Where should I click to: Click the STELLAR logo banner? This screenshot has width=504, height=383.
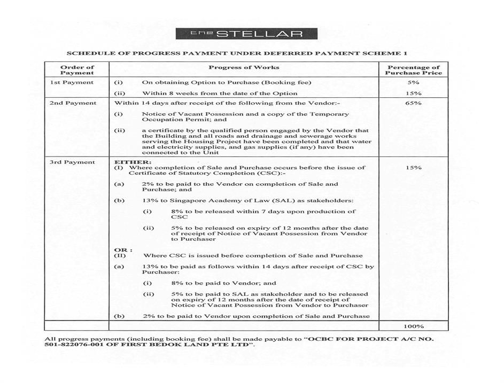(x=246, y=34)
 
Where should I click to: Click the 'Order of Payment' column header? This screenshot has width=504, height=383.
(x=77, y=70)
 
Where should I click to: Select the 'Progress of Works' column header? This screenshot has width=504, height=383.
(x=244, y=67)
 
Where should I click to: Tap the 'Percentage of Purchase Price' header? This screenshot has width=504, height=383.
(x=413, y=70)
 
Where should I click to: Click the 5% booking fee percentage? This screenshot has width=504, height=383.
(x=413, y=83)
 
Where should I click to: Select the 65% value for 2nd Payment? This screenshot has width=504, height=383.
(x=413, y=103)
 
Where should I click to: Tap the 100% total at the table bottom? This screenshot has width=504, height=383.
(x=413, y=326)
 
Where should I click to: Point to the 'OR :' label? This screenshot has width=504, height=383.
(x=123, y=249)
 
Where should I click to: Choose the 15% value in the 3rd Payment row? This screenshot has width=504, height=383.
(x=413, y=168)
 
